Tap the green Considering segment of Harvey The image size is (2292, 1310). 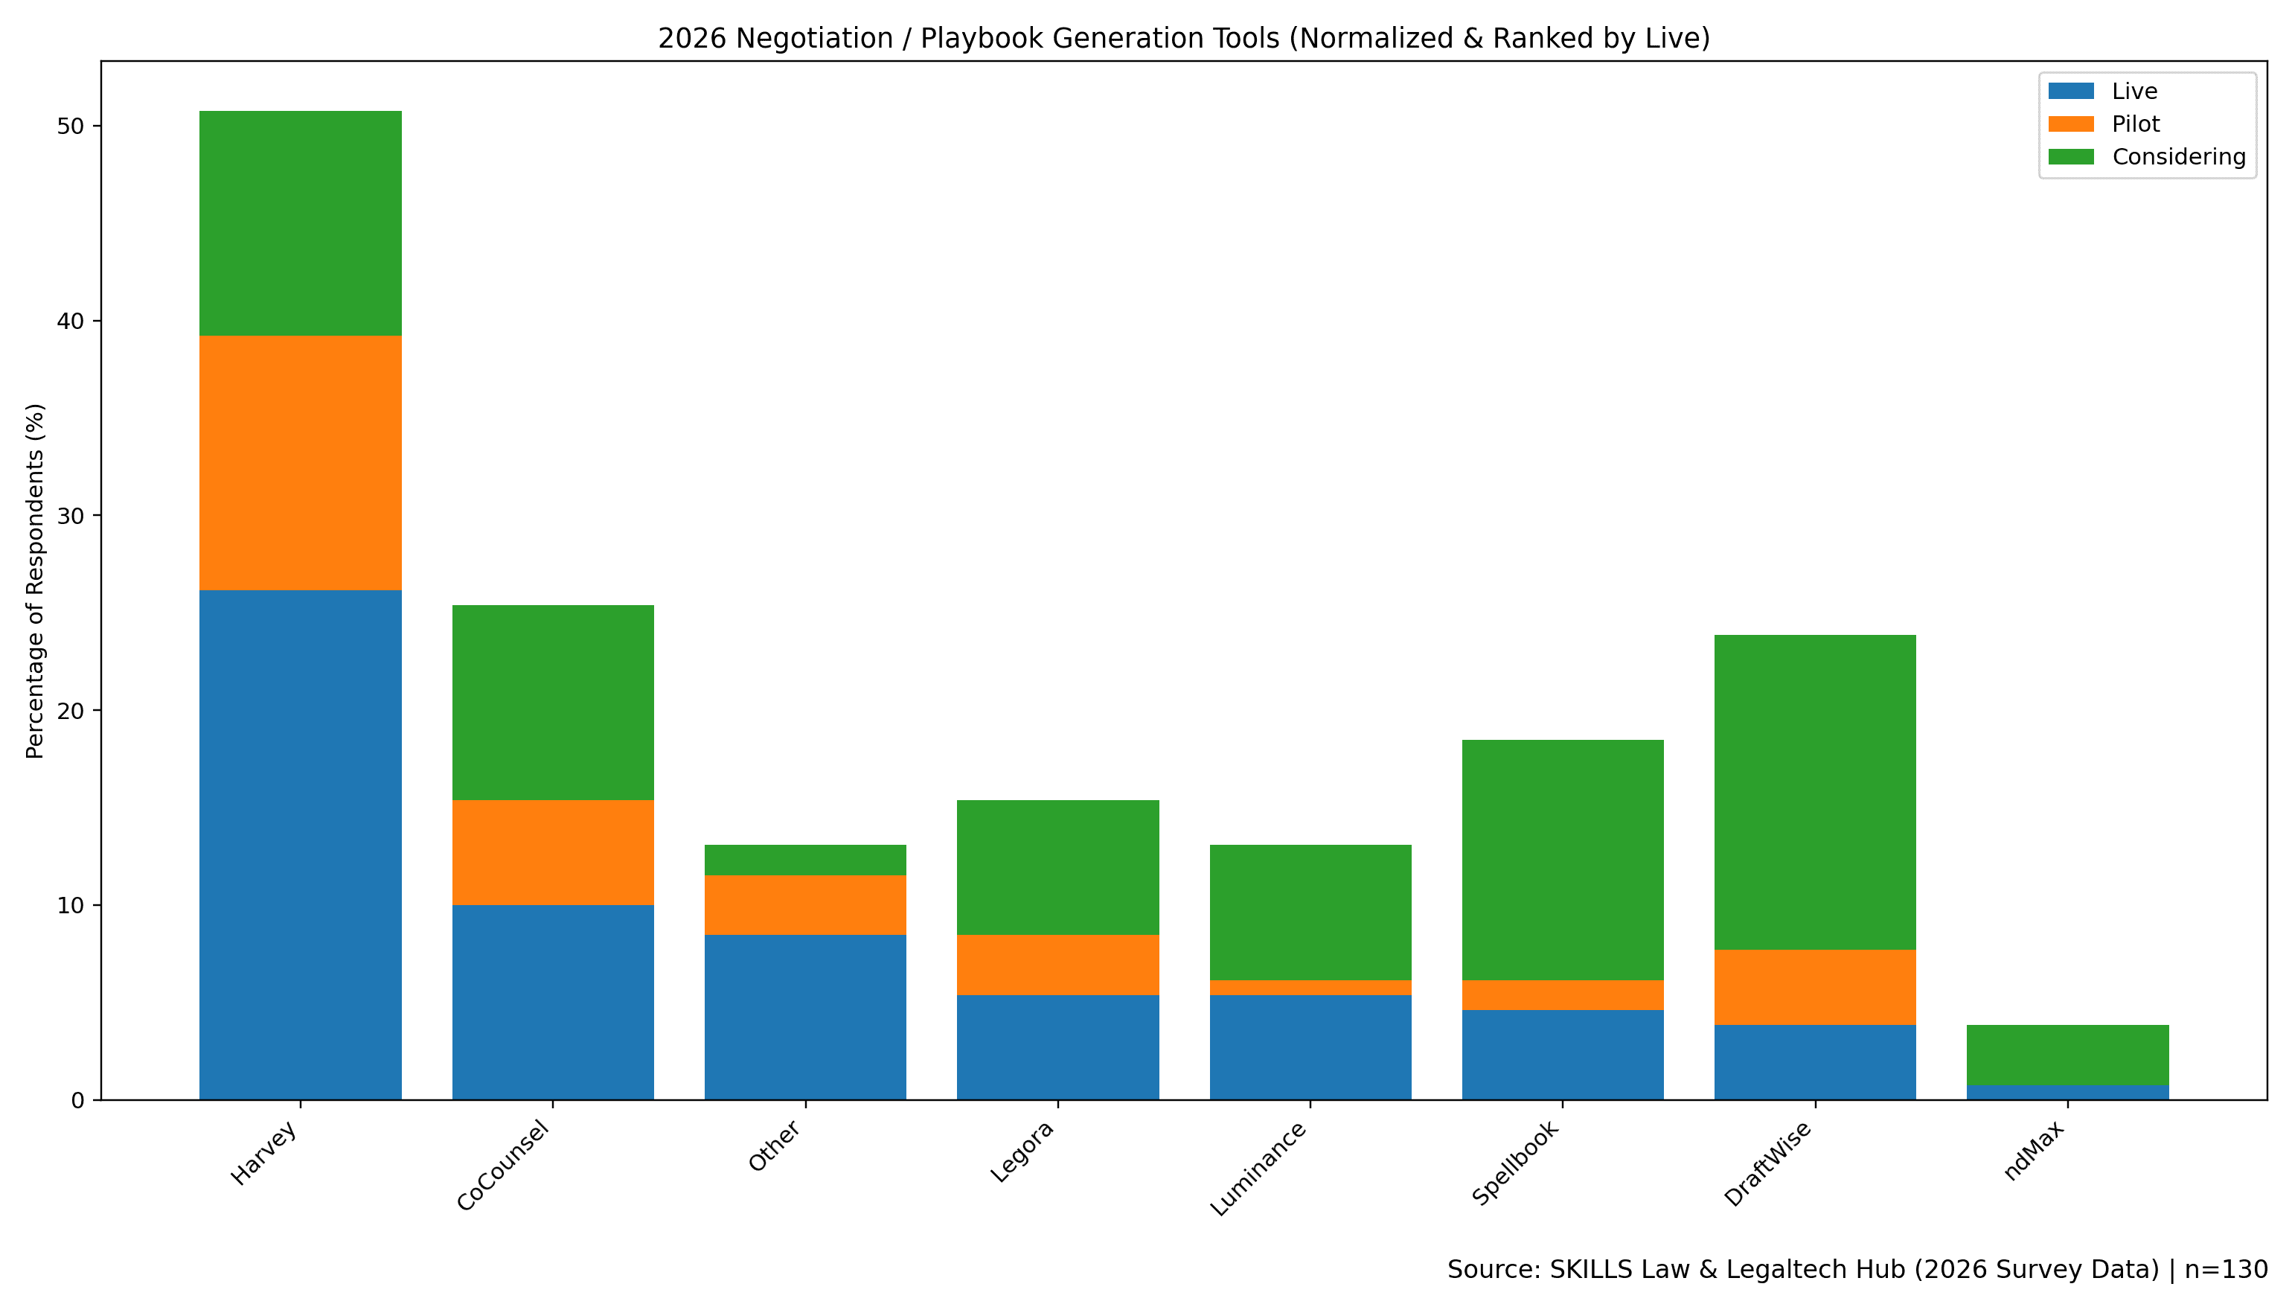300,223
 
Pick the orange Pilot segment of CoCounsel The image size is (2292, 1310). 552,852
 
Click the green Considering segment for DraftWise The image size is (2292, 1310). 1814,792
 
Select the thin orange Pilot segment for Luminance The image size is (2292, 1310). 1310,987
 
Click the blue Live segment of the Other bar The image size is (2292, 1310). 805,1017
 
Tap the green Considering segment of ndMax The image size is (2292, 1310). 2067,1055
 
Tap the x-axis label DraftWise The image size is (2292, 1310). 1767,1164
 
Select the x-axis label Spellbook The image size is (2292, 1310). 1515,1164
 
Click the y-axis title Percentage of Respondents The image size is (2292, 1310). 35,581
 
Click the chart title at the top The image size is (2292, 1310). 1183,39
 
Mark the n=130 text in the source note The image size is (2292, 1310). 2226,1270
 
